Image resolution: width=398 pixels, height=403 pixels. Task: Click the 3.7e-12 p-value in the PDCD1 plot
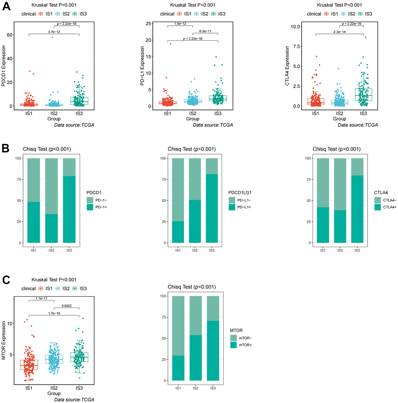point(54,32)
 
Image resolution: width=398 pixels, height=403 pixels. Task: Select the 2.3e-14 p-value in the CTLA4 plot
point(339,32)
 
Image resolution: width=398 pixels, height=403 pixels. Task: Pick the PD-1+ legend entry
point(103,207)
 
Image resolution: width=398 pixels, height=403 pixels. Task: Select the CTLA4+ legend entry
point(390,207)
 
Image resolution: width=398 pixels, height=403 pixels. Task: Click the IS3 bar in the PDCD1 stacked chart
point(69,201)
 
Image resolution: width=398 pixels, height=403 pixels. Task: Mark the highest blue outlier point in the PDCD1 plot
point(52,37)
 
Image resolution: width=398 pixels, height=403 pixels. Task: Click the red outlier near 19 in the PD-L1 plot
point(171,44)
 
